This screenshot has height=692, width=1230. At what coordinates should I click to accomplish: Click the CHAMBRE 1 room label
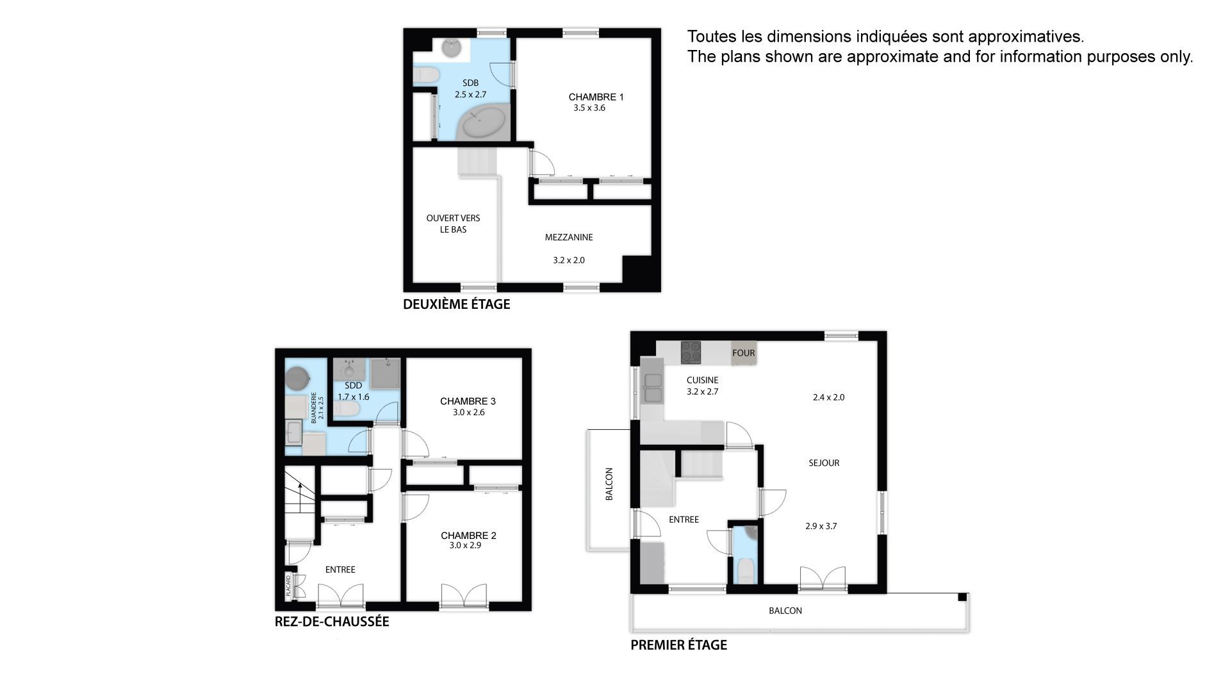(x=596, y=97)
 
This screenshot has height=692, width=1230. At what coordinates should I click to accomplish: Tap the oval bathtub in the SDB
(x=484, y=123)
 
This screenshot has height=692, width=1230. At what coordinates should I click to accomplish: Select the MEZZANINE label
(x=569, y=237)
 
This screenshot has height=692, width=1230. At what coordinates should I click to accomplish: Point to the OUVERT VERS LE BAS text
(x=453, y=224)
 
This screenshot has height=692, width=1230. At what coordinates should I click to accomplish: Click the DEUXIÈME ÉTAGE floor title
(x=456, y=304)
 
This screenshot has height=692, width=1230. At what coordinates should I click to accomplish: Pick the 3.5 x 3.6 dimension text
(x=589, y=108)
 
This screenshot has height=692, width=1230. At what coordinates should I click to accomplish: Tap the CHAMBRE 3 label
(x=468, y=401)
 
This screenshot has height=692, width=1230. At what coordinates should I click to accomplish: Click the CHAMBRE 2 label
(x=468, y=536)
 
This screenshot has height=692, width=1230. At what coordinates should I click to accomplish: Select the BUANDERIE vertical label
(x=314, y=408)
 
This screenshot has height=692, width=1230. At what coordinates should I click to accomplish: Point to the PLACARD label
(x=288, y=586)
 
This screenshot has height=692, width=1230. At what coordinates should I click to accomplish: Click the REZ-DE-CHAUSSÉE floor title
(x=332, y=622)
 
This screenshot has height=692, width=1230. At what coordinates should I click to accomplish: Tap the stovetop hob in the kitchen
(x=691, y=352)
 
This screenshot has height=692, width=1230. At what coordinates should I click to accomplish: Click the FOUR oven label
(x=743, y=353)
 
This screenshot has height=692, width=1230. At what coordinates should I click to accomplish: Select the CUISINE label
(x=702, y=380)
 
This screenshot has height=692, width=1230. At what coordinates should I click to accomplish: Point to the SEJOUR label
(x=824, y=463)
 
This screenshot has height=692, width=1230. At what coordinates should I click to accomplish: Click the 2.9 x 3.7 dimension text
(x=821, y=526)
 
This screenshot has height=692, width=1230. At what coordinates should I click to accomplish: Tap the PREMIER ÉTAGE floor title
(x=678, y=645)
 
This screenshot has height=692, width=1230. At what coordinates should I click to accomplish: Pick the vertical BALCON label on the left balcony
(x=609, y=484)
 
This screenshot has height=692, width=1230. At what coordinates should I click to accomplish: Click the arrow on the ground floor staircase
(x=300, y=493)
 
